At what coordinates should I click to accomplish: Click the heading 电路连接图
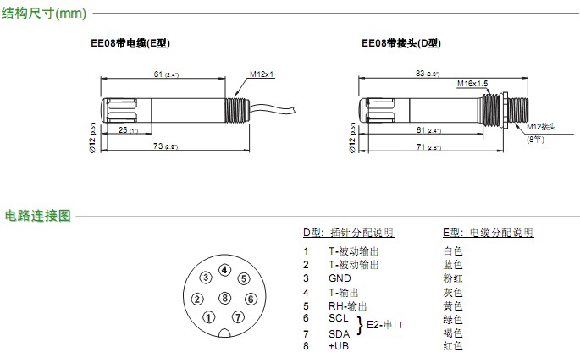coord(37,215)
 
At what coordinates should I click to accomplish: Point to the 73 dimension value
coord(157,146)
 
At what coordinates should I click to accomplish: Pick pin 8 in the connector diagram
coord(224,298)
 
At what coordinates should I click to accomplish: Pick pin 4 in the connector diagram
coord(224,270)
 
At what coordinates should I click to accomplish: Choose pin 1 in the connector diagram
coord(207,317)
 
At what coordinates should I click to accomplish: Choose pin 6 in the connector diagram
coord(250,298)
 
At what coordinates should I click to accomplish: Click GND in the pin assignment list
coord(340,278)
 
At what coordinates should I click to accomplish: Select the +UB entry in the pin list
coord(339,345)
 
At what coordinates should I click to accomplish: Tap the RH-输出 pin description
coord(348,305)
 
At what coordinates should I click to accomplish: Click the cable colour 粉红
coord(453,278)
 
